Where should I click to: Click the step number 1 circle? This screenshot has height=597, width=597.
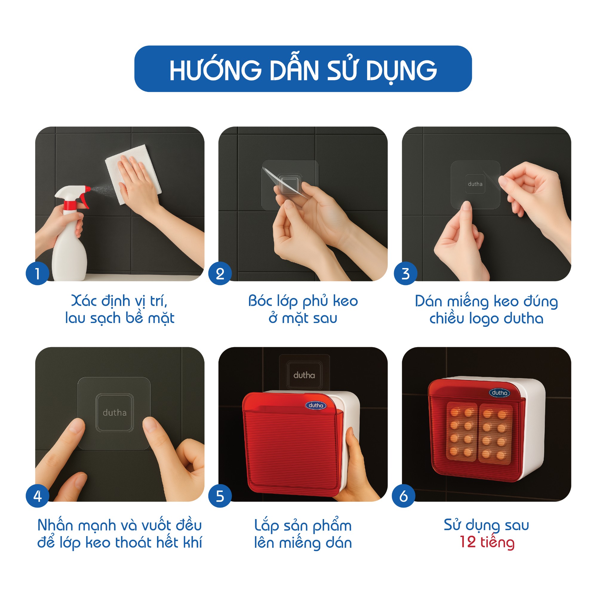(x=37, y=273)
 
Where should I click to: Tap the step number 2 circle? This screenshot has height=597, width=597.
(x=220, y=273)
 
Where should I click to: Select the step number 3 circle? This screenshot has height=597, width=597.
(x=405, y=273)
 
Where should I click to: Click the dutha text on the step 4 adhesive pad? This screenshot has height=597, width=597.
(x=115, y=413)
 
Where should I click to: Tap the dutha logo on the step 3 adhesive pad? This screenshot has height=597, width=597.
(x=475, y=184)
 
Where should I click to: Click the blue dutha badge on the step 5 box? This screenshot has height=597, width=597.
(x=316, y=405)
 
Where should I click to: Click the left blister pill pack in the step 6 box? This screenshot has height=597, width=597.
(x=462, y=432)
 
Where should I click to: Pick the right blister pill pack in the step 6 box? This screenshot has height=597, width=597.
(x=495, y=434)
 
